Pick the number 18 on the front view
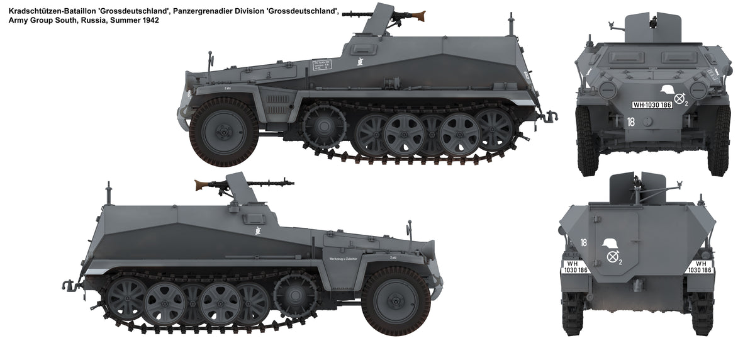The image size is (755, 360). pyautogui.click(x=631, y=122)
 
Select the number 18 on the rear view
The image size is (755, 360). pyautogui.click(x=584, y=242)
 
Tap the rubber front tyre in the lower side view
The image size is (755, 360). pyautogui.click(x=396, y=300)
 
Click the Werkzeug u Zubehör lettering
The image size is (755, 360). pyautogui.click(x=342, y=259)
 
